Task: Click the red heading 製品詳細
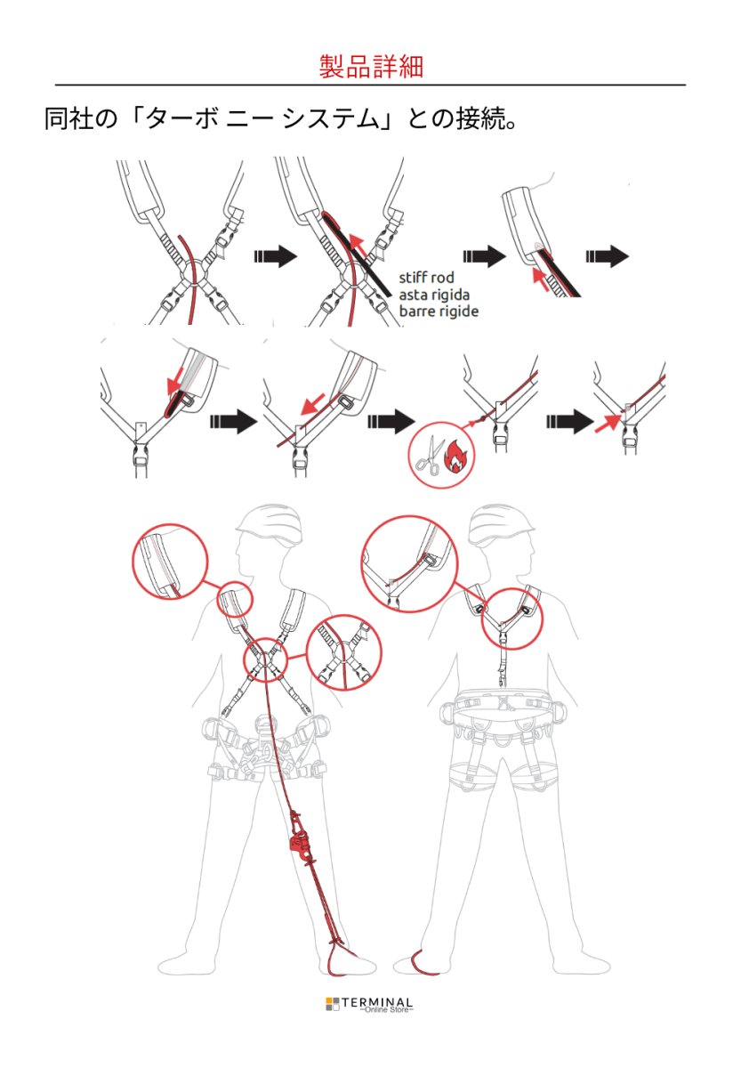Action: click(x=371, y=66)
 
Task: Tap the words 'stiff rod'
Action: click(x=426, y=278)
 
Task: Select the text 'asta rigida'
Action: click(x=434, y=295)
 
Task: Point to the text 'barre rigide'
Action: click(x=439, y=311)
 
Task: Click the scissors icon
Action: click(x=428, y=455)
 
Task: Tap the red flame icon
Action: click(x=456, y=455)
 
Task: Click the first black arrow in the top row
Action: click(x=276, y=256)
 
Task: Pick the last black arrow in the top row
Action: click(x=607, y=256)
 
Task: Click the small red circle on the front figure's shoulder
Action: click(x=235, y=598)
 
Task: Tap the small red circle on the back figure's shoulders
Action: click(x=512, y=618)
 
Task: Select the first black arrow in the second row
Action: click(x=233, y=421)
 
